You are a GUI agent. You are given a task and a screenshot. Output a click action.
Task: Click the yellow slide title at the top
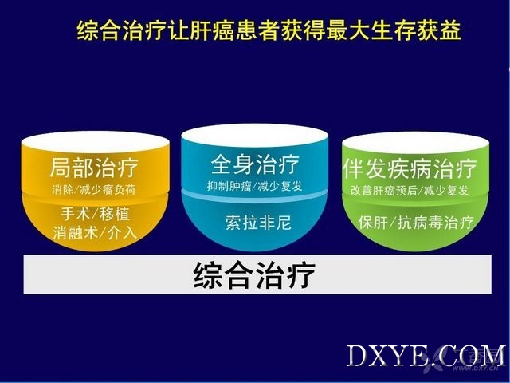click(x=269, y=31)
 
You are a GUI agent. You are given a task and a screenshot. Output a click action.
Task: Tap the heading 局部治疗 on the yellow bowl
click(x=94, y=168)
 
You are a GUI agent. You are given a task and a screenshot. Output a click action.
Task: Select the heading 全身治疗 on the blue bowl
click(x=255, y=164)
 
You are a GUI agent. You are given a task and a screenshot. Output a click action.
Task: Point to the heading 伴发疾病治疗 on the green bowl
click(x=410, y=168)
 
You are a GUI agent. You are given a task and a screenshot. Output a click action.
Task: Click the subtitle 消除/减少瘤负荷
click(x=94, y=190)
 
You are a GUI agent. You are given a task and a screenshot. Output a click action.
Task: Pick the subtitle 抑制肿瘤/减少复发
click(x=255, y=186)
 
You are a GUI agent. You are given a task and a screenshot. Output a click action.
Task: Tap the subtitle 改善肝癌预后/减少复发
click(x=410, y=190)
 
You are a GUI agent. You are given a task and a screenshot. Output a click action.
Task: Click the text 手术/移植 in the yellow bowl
click(x=95, y=214)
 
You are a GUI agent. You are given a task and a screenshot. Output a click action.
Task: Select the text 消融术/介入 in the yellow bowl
click(x=95, y=232)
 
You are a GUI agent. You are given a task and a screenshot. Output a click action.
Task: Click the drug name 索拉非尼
click(x=258, y=223)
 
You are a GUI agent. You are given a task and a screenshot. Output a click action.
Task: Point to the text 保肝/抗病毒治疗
click(x=416, y=223)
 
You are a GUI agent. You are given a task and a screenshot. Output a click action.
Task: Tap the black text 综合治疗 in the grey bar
click(x=254, y=275)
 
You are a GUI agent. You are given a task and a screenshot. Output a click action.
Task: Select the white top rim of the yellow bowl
click(x=96, y=142)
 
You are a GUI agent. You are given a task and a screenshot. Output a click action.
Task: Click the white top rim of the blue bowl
click(x=254, y=135)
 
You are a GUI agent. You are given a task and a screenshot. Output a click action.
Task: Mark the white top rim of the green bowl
click(x=415, y=142)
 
